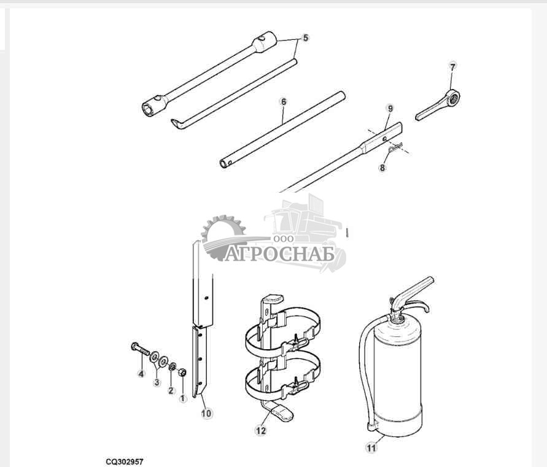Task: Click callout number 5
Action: (x=306, y=37)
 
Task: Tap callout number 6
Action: (x=284, y=101)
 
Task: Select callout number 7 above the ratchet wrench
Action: (x=452, y=67)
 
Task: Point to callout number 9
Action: (x=390, y=109)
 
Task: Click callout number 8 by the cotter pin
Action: (x=382, y=168)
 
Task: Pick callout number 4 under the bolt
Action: (x=141, y=374)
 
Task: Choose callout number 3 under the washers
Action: (x=157, y=382)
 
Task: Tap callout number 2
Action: (x=171, y=390)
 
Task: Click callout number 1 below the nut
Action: (x=183, y=398)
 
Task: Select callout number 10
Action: (x=206, y=414)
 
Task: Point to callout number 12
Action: (x=261, y=431)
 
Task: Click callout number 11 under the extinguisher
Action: (x=371, y=447)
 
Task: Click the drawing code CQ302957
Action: (x=125, y=461)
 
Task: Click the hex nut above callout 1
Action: (x=182, y=372)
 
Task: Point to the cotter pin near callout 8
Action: (x=395, y=147)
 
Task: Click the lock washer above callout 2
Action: (x=172, y=367)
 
